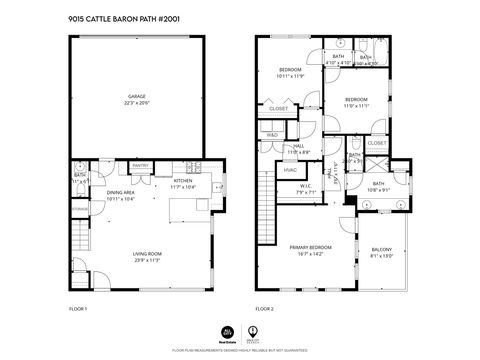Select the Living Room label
[x=147, y=257]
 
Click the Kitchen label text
[x=182, y=184]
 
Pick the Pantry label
[x=140, y=166]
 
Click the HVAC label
[x=291, y=170]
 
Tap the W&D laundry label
[x=272, y=134]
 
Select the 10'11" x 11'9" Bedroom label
[x=290, y=72]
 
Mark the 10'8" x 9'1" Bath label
[x=378, y=186]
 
